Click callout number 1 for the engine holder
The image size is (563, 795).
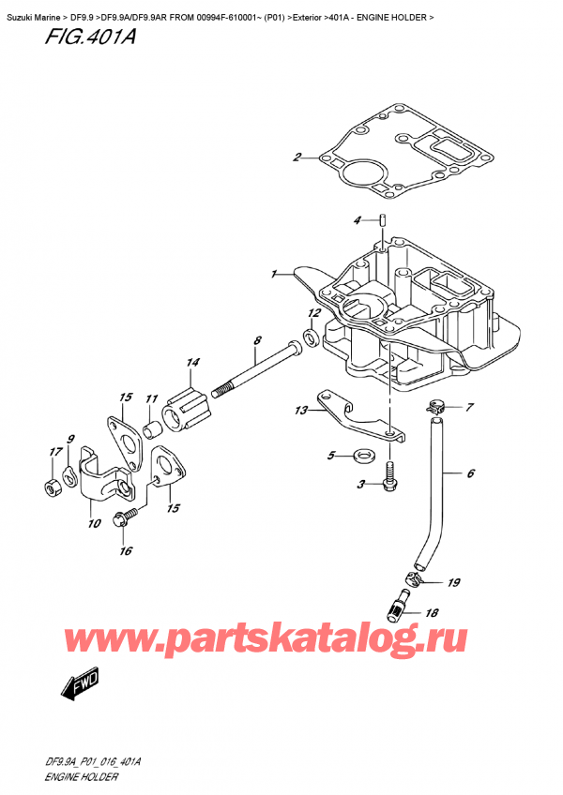point(274,275)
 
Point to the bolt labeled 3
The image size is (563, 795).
point(389,482)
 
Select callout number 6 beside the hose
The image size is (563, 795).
point(470,473)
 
